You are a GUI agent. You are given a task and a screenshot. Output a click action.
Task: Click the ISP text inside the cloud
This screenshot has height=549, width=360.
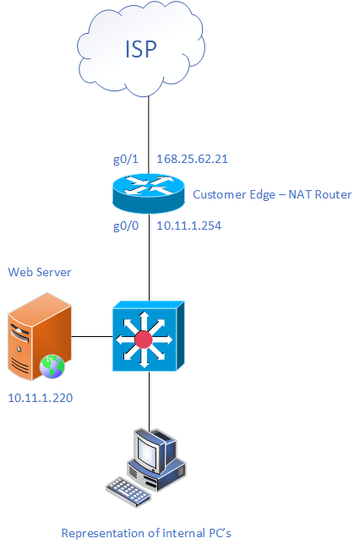tap(141, 49)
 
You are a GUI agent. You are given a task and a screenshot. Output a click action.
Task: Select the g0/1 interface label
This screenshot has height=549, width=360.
tap(126, 159)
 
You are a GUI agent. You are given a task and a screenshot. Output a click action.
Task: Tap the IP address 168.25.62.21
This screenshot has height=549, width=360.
tap(192, 159)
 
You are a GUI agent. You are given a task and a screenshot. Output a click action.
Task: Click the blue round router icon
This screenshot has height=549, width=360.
tap(149, 193)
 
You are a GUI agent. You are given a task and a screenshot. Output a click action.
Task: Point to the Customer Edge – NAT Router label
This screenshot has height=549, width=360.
tap(272, 194)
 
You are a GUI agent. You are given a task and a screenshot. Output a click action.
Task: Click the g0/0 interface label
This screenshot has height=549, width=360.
tap(126, 226)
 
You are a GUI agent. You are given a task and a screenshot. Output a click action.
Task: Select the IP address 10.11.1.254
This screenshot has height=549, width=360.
tap(188, 226)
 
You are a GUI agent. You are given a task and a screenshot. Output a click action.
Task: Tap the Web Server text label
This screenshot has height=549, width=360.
tap(40, 272)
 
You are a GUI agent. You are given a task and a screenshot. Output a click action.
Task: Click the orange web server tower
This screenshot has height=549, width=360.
tap(40, 336)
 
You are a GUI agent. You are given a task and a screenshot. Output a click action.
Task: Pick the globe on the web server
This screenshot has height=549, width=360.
tap(52, 367)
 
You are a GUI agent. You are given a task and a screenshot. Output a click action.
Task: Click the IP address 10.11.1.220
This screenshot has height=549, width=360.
tap(41, 398)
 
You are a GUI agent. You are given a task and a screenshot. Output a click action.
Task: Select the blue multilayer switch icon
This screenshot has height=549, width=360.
tap(149, 336)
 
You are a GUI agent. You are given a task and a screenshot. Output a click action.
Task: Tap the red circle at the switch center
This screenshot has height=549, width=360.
tap(144, 340)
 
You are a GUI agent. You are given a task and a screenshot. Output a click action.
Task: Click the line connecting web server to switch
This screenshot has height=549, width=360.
tap(92, 337)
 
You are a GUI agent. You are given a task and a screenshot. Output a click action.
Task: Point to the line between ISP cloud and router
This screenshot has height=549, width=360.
tap(149, 135)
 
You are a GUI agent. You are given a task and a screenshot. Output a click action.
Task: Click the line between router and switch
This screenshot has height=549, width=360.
tap(150, 258)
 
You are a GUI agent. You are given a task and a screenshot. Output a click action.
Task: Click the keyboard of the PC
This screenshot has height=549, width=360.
tap(128, 492)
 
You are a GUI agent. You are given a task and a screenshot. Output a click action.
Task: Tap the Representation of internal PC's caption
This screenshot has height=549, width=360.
tap(146, 533)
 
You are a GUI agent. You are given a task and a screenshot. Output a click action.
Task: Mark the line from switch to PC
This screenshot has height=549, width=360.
tap(150, 401)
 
